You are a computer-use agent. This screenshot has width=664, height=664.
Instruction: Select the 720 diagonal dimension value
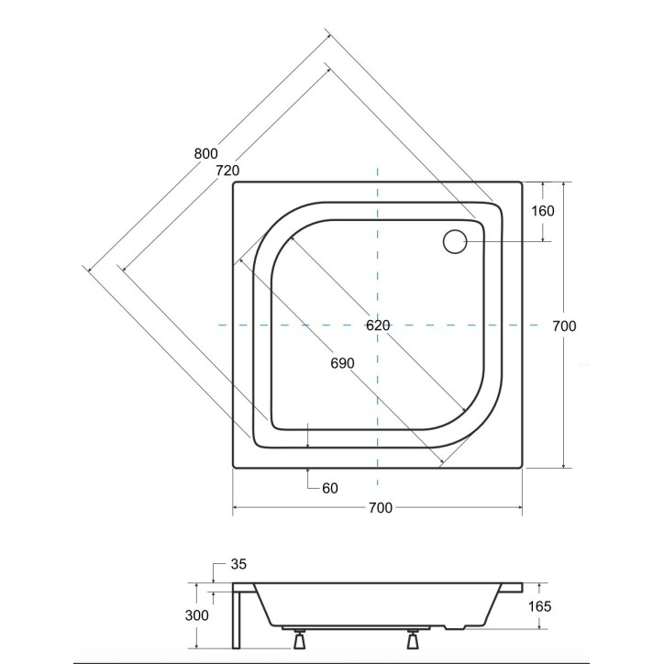click(227, 171)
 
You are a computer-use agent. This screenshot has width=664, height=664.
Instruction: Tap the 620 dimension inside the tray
click(377, 326)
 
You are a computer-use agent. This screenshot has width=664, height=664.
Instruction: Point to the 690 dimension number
click(341, 363)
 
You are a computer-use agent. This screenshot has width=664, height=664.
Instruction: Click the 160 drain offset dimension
click(542, 210)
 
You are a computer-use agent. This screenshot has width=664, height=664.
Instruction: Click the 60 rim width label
click(329, 488)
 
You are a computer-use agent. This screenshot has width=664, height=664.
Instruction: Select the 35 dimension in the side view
click(240, 563)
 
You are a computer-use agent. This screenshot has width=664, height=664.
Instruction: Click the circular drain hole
click(456, 241)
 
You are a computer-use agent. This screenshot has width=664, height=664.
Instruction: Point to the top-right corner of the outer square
click(523, 183)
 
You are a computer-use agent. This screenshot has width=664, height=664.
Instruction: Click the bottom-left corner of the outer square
click(233, 469)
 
